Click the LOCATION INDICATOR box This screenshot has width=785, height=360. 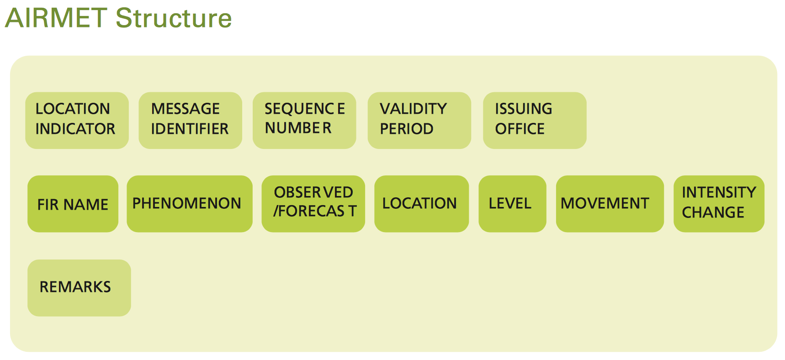pyautogui.click(x=77, y=121)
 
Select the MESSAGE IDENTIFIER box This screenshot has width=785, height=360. pyautogui.click(x=190, y=121)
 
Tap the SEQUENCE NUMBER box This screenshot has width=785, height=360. pyautogui.click(x=304, y=121)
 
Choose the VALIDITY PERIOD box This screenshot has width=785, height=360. pyautogui.click(x=419, y=121)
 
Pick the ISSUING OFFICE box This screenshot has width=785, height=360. pyautogui.click(x=535, y=121)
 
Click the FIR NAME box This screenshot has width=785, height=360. pyautogui.click(x=73, y=204)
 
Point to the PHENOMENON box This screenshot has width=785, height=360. pyautogui.click(x=190, y=204)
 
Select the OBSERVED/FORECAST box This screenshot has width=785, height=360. pyautogui.click(x=313, y=204)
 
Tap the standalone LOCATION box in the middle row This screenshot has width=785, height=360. pyautogui.click(x=422, y=204)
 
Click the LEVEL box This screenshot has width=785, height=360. pyautogui.click(x=512, y=204)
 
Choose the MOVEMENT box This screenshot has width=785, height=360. pyautogui.click(x=610, y=204)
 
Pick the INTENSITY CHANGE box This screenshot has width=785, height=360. pyautogui.click(x=719, y=204)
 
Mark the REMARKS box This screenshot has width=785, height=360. pyautogui.click(x=79, y=288)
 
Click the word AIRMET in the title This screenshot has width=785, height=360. pyautogui.click(x=56, y=18)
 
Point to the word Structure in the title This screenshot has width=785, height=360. pyautogui.click(x=174, y=18)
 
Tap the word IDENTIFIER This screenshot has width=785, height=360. pyautogui.click(x=190, y=129)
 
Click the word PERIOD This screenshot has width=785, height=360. pyautogui.click(x=407, y=129)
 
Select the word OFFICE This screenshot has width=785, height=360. pyautogui.click(x=520, y=129)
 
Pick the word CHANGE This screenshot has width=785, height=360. pyautogui.click(x=713, y=212)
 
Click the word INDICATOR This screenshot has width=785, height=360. pyautogui.click(x=75, y=129)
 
